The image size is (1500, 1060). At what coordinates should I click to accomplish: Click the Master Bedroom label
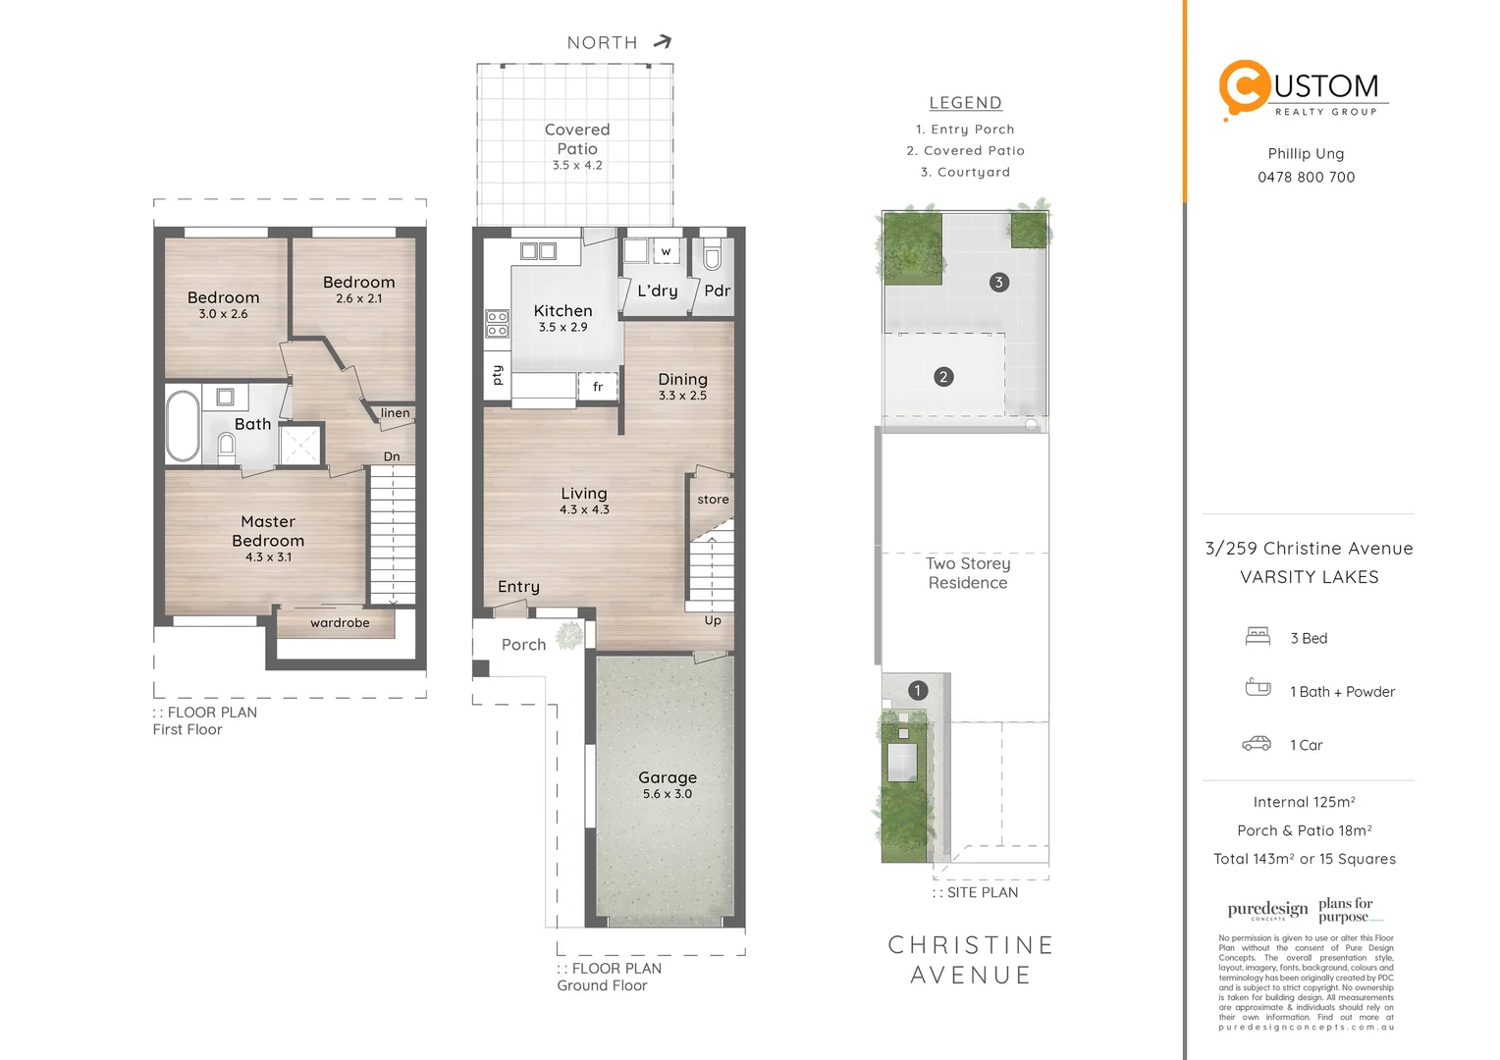pos(268,531)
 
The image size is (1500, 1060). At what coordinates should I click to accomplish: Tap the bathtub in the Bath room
pos(183,426)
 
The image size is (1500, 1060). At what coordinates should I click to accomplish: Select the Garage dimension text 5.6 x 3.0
pos(668,794)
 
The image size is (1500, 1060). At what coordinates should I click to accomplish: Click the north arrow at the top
pos(664,41)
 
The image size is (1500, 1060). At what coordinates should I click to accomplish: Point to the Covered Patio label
pos(577,139)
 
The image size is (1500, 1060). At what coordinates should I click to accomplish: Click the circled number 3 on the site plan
pos(998,283)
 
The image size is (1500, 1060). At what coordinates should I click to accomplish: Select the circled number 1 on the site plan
pos(918,691)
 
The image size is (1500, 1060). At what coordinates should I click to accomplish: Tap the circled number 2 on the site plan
pos(943,377)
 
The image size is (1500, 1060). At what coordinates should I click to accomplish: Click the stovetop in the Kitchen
pos(498,323)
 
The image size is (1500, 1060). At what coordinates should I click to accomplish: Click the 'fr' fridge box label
pos(598,387)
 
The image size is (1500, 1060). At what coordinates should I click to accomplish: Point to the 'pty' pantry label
pos(498,375)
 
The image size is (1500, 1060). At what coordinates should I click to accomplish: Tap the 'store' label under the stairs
pos(713,500)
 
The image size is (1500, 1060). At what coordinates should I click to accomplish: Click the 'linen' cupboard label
pos(396,413)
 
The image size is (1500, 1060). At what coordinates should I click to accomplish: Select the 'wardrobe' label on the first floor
pos(340,623)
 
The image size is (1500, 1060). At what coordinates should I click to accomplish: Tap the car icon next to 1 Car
pos(1257,744)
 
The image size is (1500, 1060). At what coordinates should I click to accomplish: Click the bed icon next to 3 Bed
pos(1258,637)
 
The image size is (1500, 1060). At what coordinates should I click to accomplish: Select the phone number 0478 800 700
pos(1306,178)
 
